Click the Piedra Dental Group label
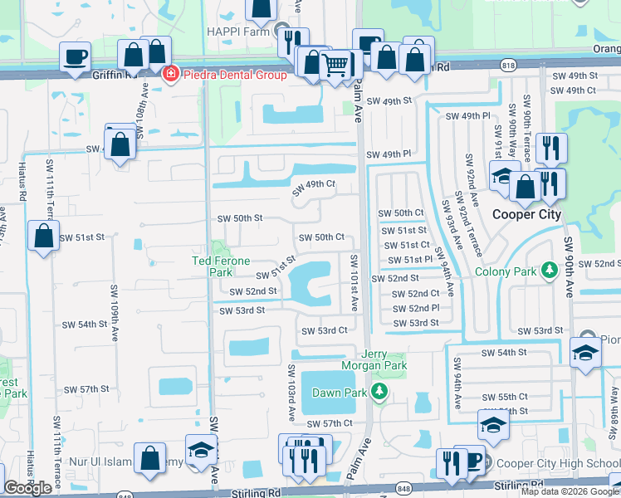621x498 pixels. [x=234, y=75]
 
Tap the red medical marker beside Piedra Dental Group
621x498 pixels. [x=171, y=74]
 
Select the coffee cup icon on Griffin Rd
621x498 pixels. [x=76, y=58]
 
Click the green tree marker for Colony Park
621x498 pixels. [x=548, y=271]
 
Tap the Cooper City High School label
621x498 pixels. [x=553, y=462]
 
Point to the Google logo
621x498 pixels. [x=28, y=489]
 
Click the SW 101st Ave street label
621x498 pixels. [x=355, y=282]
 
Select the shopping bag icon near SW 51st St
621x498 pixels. [x=43, y=236]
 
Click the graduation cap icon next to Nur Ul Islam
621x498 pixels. [x=201, y=451]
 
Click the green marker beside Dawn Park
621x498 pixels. [x=379, y=389]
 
